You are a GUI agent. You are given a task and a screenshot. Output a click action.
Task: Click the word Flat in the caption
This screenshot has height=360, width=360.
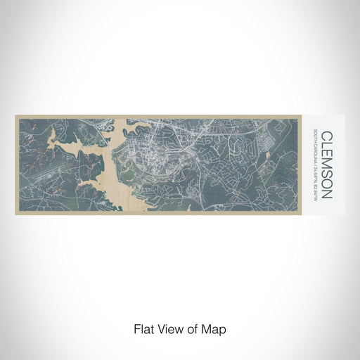point(143,328)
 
